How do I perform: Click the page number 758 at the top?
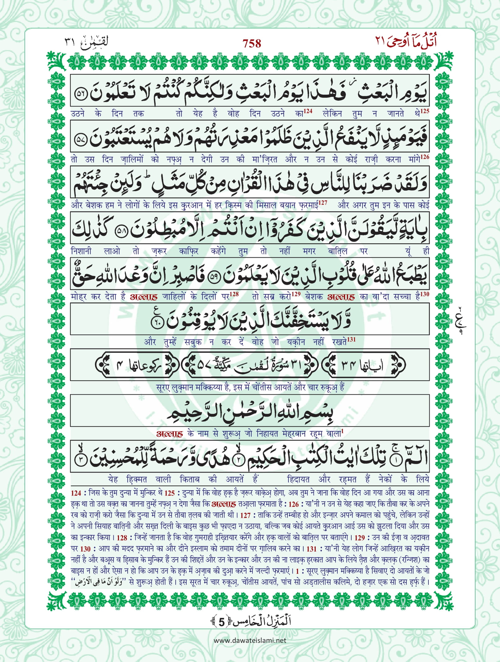[x=252, y=44]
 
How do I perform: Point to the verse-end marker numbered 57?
[x=81, y=140]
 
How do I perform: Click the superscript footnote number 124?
[x=308, y=111]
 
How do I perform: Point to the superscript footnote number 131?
[x=351, y=339]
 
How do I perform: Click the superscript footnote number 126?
[x=425, y=157]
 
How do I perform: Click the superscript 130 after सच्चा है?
[x=425, y=294]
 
